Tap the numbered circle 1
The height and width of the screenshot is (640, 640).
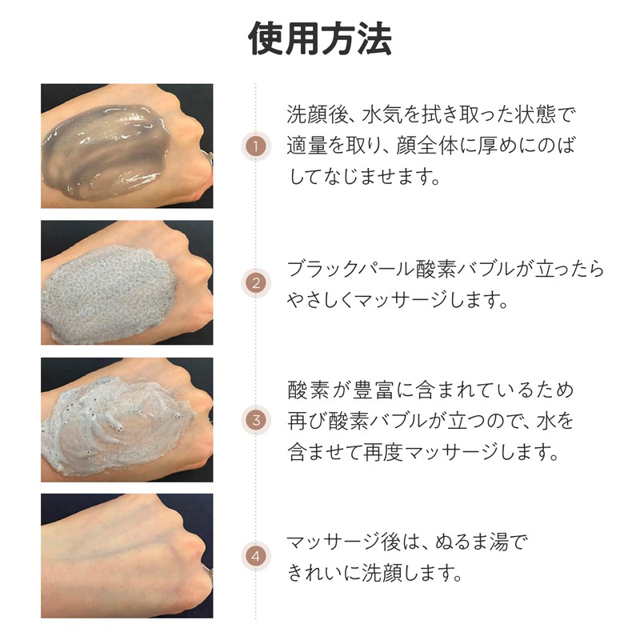pos(255,147)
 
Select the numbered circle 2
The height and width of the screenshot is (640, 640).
pos(255,283)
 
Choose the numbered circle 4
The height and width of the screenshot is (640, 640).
pos(255,553)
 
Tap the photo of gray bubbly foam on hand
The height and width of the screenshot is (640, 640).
pos(127,283)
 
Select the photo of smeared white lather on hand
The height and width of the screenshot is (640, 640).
pos(127,420)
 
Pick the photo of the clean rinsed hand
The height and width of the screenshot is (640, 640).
pos(127,555)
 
